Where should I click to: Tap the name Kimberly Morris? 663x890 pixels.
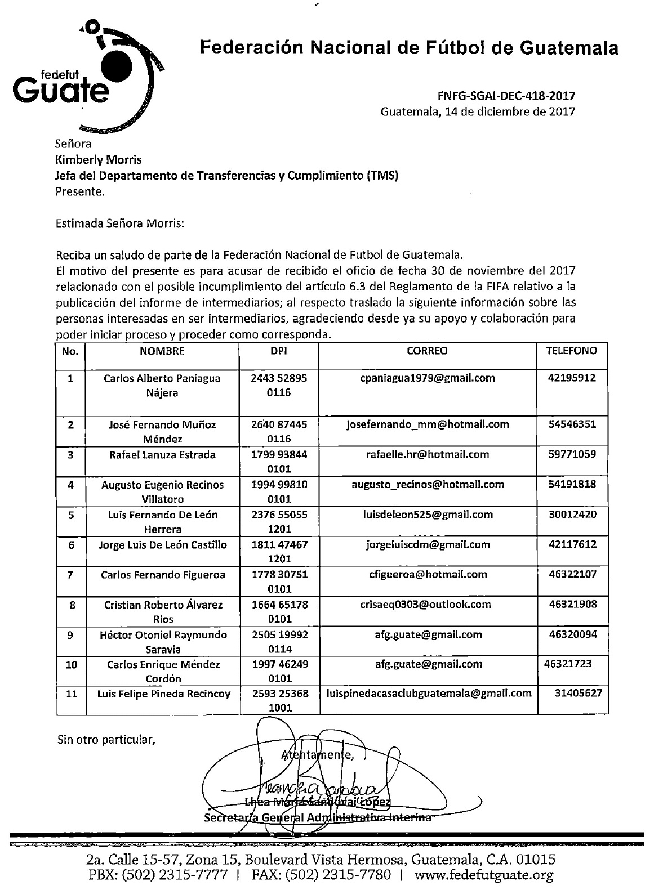click(98, 160)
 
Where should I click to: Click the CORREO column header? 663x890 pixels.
click(427, 351)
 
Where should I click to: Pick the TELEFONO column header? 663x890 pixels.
click(571, 350)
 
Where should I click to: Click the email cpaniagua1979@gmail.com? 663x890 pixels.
click(427, 378)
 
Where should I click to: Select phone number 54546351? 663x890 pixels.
click(571, 424)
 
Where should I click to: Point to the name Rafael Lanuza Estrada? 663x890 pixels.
click(162, 454)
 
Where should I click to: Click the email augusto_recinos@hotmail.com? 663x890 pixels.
click(428, 484)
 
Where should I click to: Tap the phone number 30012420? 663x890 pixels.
click(571, 514)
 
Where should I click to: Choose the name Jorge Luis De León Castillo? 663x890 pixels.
click(162, 544)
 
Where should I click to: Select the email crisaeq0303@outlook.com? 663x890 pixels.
click(426, 604)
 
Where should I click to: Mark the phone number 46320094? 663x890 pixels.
click(571, 634)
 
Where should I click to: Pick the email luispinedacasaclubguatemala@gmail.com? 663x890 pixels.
click(429, 694)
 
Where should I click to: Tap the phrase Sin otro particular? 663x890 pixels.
click(106, 739)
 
